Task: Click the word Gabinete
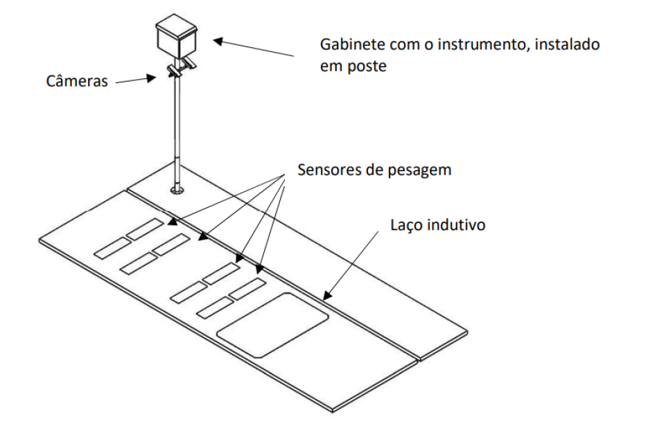click(x=351, y=44)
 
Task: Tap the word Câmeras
click(x=77, y=80)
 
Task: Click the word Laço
click(x=407, y=226)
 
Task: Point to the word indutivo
click(x=456, y=225)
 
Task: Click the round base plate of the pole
click(x=177, y=190)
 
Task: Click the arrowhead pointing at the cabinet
click(x=218, y=41)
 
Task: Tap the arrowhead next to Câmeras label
click(x=152, y=78)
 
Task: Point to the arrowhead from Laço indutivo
click(x=326, y=296)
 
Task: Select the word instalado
click(x=567, y=44)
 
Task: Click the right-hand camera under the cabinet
click(x=189, y=63)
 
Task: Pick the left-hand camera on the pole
click(x=173, y=71)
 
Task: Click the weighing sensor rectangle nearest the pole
click(x=145, y=229)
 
